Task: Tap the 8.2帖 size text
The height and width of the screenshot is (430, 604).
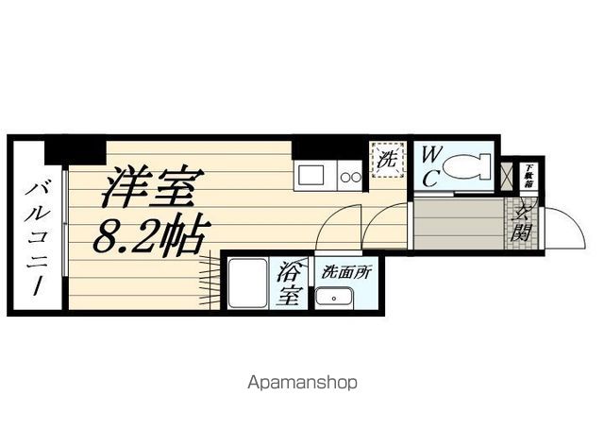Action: [150, 234]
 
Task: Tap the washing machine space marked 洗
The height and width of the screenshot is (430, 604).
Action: [387, 159]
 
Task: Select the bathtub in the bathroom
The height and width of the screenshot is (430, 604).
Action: [245, 282]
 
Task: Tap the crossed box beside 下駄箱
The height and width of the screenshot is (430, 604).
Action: [510, 176]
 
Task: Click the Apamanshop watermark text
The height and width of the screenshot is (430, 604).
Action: [302, 383]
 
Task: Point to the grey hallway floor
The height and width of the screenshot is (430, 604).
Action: [457, 221]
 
